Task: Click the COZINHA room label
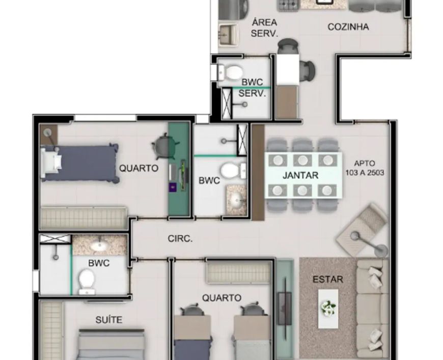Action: [x=348, y=27]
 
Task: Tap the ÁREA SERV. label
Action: [x=264, y=27]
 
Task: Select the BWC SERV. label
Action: [x=252, y=88]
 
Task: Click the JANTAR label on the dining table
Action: [x=300, y=175]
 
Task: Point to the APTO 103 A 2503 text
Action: [x=365, y=168]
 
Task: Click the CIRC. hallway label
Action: [x=180, y=239]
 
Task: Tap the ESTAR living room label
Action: [x=328, y=280]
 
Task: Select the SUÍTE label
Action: [x=109, y=320]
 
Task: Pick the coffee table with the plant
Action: [x=328, y=309]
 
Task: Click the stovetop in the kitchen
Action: [x=289, y=5]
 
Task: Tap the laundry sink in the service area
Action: [x=228, y=35]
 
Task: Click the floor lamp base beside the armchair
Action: [x=380, y=251]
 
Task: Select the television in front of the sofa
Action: [x=285, y=309]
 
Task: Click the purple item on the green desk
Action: [x=172, y=187]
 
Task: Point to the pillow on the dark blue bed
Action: [x=56, y=162]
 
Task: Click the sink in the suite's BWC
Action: [x=99, y=246]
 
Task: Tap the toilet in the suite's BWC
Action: [x=87, y=281]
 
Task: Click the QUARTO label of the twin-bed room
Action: [x=222, y=298]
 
